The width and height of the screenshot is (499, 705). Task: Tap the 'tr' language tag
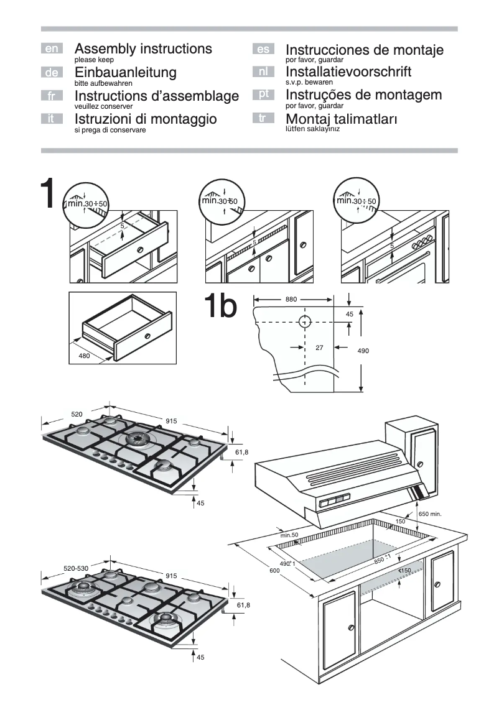[x=263, y=117]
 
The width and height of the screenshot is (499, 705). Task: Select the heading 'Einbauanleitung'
[x=125, y=72]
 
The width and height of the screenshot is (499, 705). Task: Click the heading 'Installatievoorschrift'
[x=348, y=71]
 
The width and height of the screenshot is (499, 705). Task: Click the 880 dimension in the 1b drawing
[x=291, y=300]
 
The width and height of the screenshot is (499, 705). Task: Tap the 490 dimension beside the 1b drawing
[x=363, y=351]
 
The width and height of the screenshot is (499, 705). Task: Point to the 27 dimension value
[x=319, y=348]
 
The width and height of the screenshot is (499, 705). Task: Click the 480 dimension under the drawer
[x=85, y=356]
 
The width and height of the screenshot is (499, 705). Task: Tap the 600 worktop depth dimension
[x=274, y=571]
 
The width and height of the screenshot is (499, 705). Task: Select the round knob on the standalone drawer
[x=147, y=336]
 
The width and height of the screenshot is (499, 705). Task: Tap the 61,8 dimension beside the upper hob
[x=241, y=452]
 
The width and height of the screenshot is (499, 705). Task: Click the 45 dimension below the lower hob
[x=200, y=657]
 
